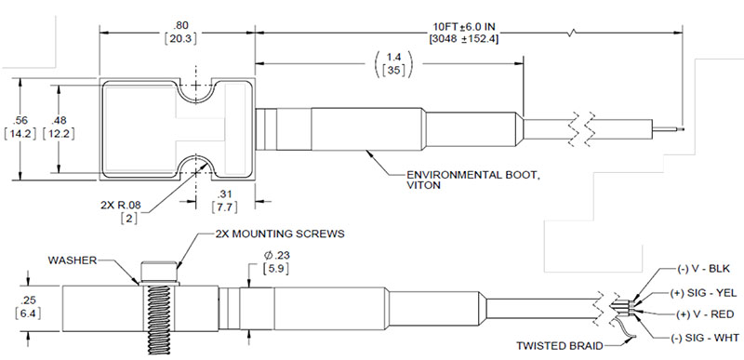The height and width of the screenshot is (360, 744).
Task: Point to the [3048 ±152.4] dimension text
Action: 463,39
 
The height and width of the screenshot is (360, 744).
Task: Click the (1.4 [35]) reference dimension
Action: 392,64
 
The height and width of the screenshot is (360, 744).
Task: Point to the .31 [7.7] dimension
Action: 224,201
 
